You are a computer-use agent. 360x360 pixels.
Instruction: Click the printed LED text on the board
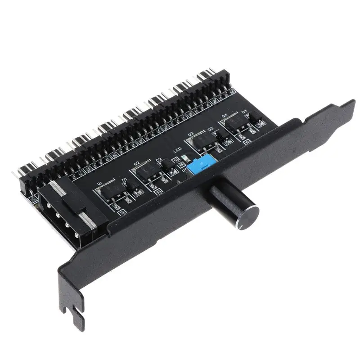coord(177,152)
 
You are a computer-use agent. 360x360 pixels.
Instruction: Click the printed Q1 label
coord(99,183)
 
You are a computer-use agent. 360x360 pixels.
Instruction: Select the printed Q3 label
coord(190,134)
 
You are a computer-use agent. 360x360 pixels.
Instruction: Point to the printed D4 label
coord(244,110)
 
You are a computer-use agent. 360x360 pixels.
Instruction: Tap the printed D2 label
coord(158,160)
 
